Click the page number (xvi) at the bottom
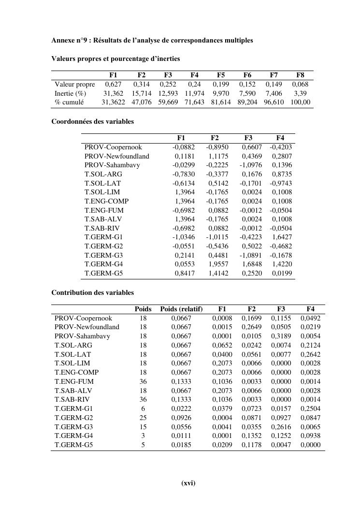[188, 483]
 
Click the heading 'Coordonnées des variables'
[92, 122]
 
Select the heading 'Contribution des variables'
[92, 292]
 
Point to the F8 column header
[300, 75]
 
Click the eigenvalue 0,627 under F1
[113, 84]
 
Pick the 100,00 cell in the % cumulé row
[301, 102]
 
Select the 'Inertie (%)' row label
[70, 93]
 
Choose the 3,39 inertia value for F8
[301, 93]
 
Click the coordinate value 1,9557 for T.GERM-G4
[218, 264]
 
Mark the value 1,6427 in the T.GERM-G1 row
[280, 237]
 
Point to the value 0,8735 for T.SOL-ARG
[282, 174]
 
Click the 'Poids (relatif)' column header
[181, 309]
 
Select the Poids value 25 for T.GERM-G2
[143, 418]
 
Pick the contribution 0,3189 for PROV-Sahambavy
[281, 336]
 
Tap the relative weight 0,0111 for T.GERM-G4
[181, 436]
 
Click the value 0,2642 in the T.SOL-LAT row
[310, 354]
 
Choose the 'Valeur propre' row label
[74, 84]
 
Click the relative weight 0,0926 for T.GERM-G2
[181, 418]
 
